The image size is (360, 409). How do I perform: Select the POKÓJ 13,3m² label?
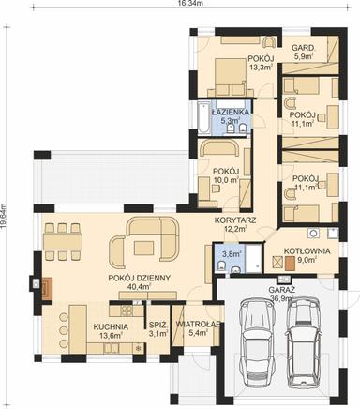[260, 63]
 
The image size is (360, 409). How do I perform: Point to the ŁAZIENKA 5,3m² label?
[230, 115]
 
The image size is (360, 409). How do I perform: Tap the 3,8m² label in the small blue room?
[231, 254]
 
